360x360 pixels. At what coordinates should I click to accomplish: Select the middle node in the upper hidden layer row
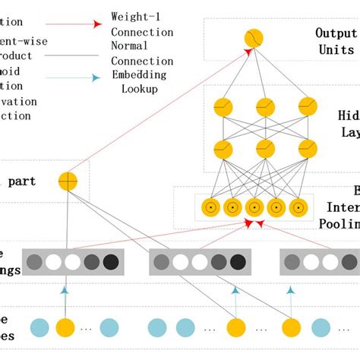point(265,108)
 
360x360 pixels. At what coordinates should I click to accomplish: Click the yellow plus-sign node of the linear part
point(68,182)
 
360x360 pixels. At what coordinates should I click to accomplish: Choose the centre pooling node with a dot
point(254,207)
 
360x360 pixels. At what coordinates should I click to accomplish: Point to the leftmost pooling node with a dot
point(207,207)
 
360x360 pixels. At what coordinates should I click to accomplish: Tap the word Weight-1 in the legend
point(135,16)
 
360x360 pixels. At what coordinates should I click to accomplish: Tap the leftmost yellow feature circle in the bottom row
point(66,328)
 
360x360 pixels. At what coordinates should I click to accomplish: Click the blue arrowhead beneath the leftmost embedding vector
point(66,290)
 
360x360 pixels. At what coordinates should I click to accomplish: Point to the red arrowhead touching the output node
point(248,52)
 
